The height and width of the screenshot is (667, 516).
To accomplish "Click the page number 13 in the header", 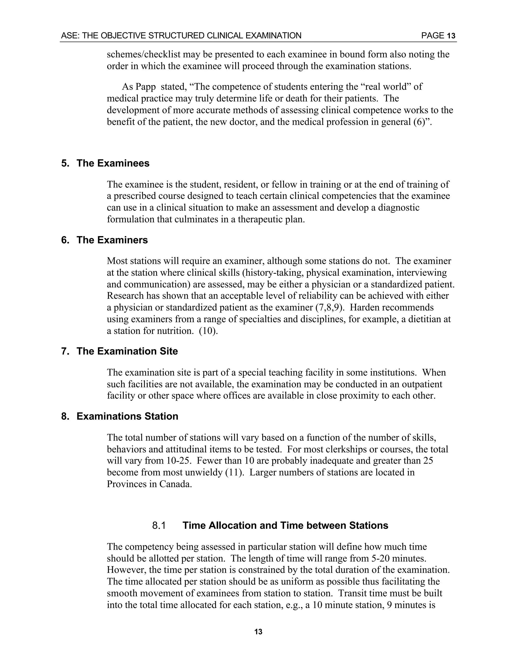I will pos(451,36).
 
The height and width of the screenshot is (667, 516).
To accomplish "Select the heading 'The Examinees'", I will pos(113,163).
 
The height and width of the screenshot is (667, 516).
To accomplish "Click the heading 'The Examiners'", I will pos(112,240).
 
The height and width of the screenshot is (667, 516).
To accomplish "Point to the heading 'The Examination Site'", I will pos(127,351).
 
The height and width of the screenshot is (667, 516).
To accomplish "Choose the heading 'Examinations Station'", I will pos(127,416).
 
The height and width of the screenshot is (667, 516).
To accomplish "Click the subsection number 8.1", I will pos(159,526).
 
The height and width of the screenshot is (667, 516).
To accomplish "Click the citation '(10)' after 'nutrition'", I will pos(208,331).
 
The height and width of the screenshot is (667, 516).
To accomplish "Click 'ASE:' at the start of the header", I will pos(70,36).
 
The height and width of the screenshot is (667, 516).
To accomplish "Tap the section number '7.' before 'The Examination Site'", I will pos(65,351).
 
